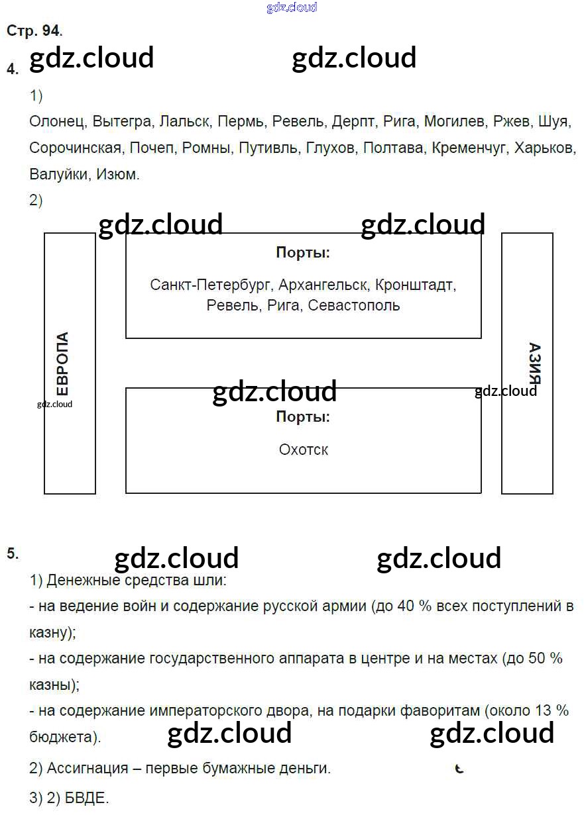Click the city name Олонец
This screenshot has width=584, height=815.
point(56,122)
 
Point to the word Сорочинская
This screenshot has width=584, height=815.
point(75,148)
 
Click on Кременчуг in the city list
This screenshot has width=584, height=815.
point(469,148)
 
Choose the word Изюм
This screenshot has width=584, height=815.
point(118,174)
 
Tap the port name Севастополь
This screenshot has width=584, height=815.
point(354,305)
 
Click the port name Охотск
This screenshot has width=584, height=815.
point(304,450)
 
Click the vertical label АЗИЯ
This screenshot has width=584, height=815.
point(534,363)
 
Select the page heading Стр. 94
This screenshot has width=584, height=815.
point(34,30)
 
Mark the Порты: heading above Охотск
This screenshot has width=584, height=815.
point(303,417)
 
